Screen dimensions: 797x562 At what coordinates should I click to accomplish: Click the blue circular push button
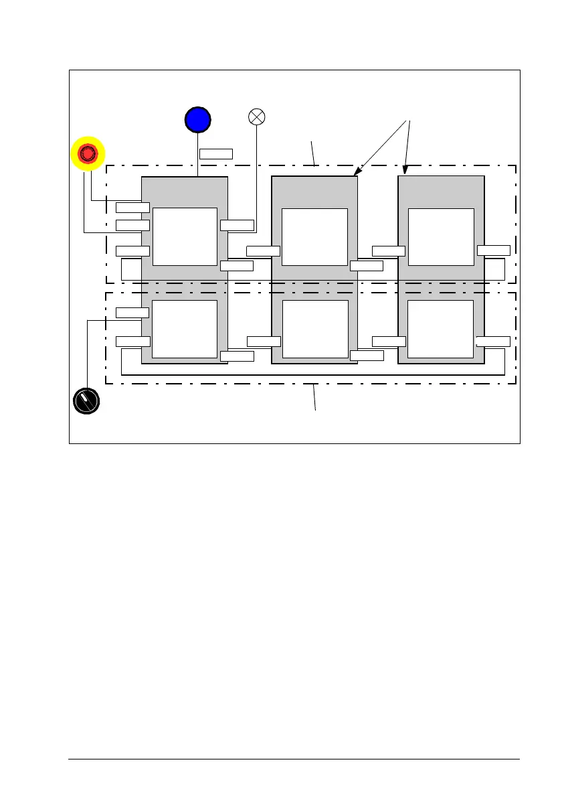pyautogui.click(x=197, y=119)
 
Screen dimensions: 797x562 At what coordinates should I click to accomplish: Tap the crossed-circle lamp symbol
pyautogui.click(x=257, y=117)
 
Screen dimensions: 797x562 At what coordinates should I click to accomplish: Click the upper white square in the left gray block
pyautogui.click(x=185, y=236)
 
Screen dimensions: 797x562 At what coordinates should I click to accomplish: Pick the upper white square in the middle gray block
pyautogui.click(x=314, y=237)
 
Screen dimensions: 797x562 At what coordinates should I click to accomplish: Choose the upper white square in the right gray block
pyautogui.click(x=441, y=236)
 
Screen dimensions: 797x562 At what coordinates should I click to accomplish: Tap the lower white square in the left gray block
pyautogui.click(x=185, y=329)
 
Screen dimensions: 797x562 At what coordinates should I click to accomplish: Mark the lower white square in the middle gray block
pyautogui.click(x=315, y=329)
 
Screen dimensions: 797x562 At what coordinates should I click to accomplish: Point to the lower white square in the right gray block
pyautogui.click(x=441, y=329)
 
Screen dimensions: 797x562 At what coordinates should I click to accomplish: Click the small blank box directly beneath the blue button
pyautogui.click(x=216, y=153)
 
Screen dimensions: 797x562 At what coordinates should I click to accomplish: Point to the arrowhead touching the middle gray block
pyautogui.click(x=356, y=174)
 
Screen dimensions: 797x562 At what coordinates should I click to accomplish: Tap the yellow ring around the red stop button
pyautogui.click(x=75, y=153)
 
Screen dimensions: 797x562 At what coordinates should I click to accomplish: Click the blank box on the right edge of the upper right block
pyautogui.click(x=494, y=250)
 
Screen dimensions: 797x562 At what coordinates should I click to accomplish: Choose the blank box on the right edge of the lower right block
pyautogui.click(x=494, y=341)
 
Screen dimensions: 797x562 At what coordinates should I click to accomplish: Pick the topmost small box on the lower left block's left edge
pyautogui.click(x=132, y=312)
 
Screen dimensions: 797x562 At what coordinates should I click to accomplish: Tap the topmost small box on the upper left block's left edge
pyautogui.click(x=132, y=207)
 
